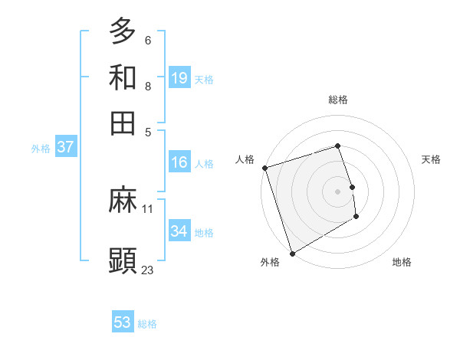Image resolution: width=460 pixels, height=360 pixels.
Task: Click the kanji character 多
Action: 123,31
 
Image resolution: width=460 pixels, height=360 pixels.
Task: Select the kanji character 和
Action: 123,77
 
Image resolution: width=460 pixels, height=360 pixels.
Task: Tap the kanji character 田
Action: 123,123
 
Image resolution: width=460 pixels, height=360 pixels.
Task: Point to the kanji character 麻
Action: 123,201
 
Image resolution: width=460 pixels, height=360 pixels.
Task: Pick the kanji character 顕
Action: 123,261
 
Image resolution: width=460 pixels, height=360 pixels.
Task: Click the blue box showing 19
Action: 179,77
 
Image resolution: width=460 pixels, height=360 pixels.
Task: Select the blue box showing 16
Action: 179,162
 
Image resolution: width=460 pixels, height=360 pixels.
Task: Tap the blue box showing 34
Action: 179,231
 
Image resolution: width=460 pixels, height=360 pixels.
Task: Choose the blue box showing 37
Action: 65,148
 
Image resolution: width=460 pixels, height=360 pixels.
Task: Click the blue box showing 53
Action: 123,322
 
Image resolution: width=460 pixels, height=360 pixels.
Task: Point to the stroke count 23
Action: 148,270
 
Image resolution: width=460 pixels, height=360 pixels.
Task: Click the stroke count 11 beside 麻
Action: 148,208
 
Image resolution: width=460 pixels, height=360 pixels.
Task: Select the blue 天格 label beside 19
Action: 204,79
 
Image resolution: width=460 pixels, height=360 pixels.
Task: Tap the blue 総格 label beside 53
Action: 147,324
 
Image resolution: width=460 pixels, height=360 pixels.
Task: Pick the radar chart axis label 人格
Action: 245,159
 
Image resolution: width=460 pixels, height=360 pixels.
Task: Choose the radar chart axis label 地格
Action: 402,263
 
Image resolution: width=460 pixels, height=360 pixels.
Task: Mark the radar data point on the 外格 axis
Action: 292,254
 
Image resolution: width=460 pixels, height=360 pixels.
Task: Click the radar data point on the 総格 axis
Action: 337,146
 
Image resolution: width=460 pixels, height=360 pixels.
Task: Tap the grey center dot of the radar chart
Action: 337,191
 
